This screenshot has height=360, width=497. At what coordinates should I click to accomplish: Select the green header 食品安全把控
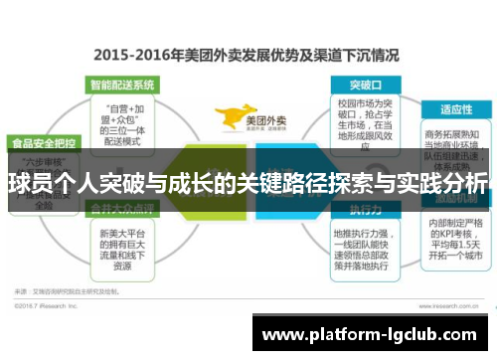point(43,141)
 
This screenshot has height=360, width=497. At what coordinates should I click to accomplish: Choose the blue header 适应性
point(454,108)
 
